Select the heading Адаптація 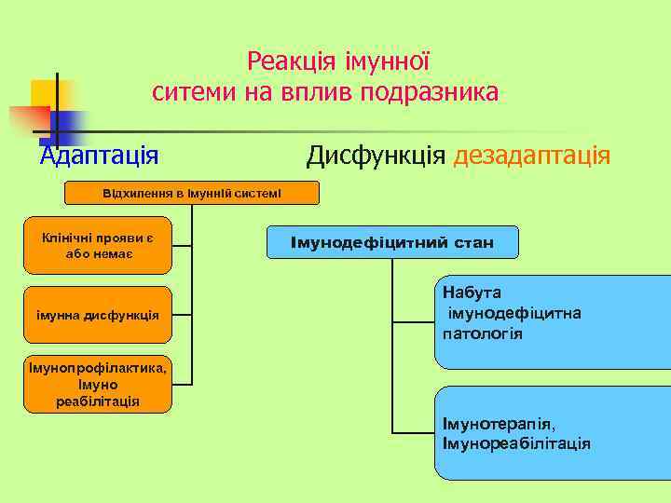coord(99,153)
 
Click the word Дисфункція coord(376,153)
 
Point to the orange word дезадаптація coord(531,153)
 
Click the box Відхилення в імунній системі coord(191,193)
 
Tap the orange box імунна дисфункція coord(99,316)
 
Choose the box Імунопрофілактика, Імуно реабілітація coord(99,384)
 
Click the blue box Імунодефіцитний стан coord(391,243)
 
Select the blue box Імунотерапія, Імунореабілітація coord(552,433)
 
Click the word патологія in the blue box coord(483,333)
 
